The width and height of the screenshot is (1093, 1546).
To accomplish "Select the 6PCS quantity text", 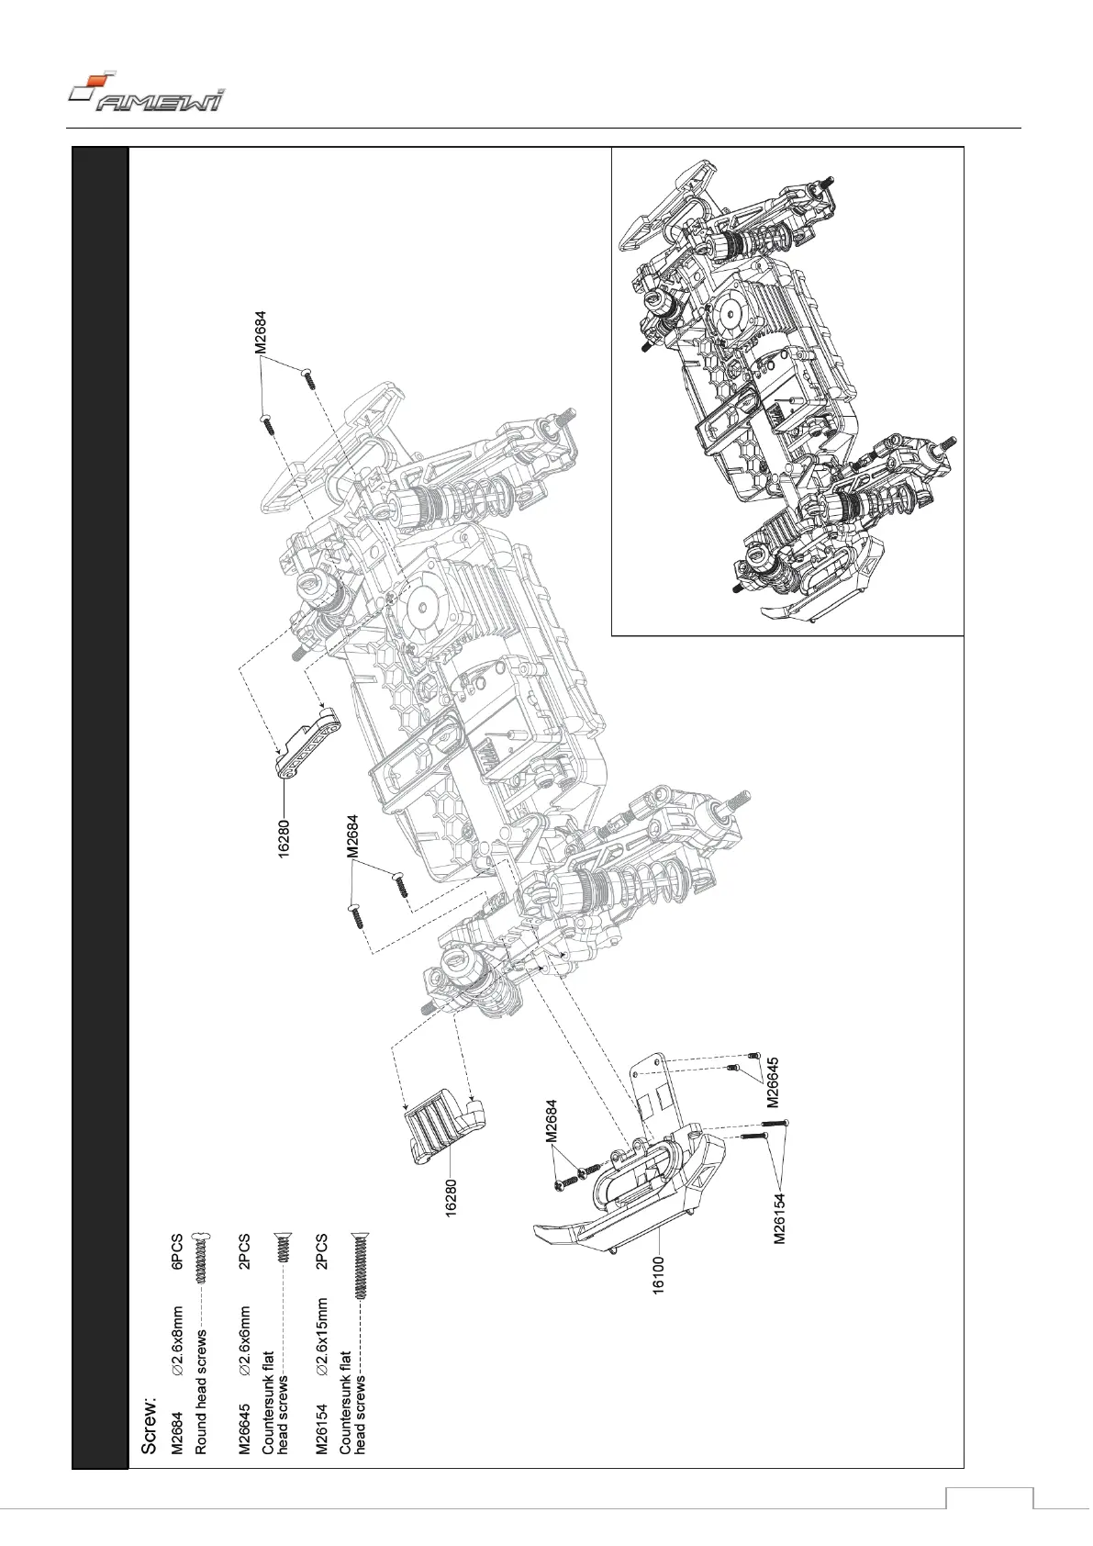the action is pos(178,1252).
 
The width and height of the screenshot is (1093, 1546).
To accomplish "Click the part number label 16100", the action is pos(658,1275).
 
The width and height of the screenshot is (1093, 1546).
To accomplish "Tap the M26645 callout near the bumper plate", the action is pos(773,1082).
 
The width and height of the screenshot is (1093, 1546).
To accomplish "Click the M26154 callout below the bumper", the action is pos(779,1217).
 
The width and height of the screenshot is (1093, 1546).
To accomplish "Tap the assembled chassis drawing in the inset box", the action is pos(787,390).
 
